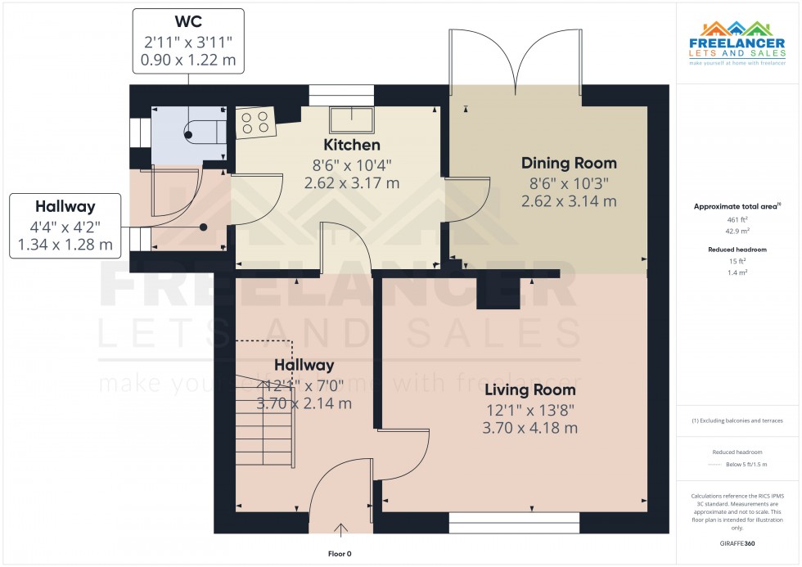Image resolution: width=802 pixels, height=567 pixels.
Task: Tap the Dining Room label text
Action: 569,163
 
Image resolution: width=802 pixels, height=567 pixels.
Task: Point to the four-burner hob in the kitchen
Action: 255,122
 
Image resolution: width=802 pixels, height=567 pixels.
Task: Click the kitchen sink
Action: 350,119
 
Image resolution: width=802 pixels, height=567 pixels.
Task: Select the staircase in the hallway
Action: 264,418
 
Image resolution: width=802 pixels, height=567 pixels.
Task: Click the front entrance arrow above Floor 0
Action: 341,530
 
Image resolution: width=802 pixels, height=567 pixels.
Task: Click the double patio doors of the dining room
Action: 516,61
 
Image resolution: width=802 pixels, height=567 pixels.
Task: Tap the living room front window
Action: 514,523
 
